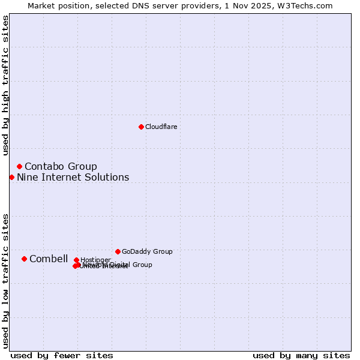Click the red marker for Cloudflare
click(x=141, y=127)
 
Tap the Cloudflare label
click(x=161, y=127)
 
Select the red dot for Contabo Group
click(x=19, y=166)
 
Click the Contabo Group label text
click(x=61, y=166)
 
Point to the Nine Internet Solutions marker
click(x=11, y=177)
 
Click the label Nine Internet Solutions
click(x=73, y=177)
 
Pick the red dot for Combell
click(x=24, y=259)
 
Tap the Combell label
click(x=49, y=259)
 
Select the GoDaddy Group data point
click(x=118, y=251)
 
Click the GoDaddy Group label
click(x=147, y=251)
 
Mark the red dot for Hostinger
click(x=76, y=260)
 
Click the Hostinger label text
click(x=95, y=260)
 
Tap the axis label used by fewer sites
click(x=62, y=355)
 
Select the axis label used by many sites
click(x=301, y=355)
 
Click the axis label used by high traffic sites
click(x=5, y=85)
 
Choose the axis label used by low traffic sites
click(x=5, y=281)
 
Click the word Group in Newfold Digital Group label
click(x=142, y=265)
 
